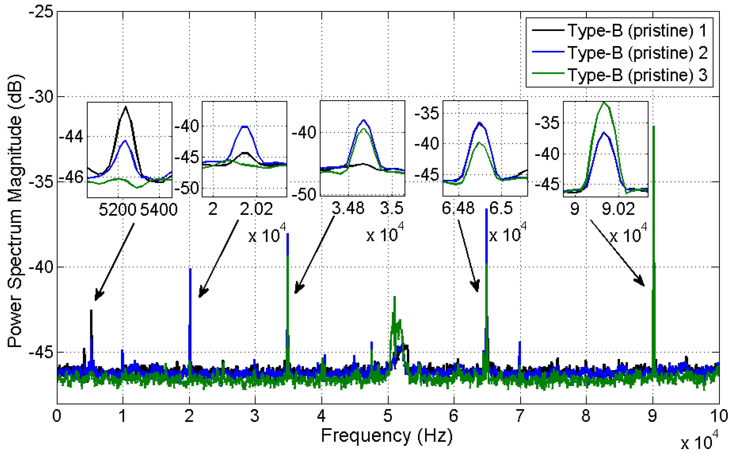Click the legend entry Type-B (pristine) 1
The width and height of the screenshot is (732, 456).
[636, 30]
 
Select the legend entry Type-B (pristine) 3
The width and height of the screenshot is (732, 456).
[636, 75]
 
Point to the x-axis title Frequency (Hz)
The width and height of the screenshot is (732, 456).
[387, 435]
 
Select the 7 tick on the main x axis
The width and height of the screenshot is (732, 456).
[520, 416]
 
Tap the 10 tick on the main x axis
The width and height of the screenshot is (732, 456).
[719, 416]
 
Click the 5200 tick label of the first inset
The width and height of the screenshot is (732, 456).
[117, 209]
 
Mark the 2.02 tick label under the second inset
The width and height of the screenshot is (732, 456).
[256, 209]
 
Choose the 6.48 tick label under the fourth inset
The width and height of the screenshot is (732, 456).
[458, 208]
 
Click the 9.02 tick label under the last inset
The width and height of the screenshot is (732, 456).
[618, 209]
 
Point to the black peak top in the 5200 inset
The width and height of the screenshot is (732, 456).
[125, 107]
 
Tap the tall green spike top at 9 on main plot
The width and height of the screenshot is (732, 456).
[653, 127]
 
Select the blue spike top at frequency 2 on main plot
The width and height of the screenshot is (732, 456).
[190, 269]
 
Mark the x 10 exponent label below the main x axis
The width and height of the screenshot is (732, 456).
[699, 442]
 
